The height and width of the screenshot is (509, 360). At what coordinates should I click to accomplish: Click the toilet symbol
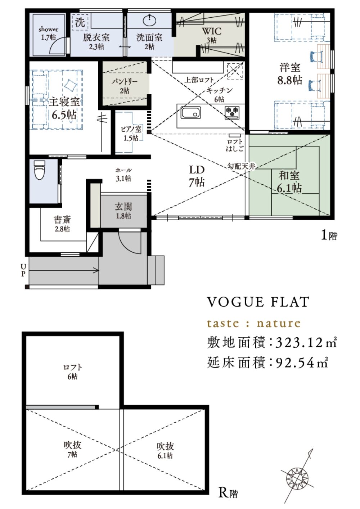[x=39, y=170]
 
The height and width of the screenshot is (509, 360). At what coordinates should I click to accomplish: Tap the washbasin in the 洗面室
[x=149, y=21]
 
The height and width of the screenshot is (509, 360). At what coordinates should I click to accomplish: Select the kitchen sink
[x=191, y=112]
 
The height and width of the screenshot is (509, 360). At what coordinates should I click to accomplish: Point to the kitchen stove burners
[x=232, y=112]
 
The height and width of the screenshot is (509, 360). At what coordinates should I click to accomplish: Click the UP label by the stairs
[x=23, y=270]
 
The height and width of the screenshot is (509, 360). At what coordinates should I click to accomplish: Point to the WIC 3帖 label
[x=211, y=35]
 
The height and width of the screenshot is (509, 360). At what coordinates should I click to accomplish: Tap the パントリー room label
[x=125, y=86]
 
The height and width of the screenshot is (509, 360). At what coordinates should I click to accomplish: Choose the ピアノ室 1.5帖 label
[x=131, y=134]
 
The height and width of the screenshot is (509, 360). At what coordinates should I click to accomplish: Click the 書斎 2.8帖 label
[x=62, y=224]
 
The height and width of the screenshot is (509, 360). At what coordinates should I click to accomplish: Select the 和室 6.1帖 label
[x=289, y=182]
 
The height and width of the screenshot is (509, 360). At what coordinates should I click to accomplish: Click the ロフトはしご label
[x=235, y=145]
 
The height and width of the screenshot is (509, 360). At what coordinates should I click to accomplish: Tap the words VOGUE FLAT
[x=258, y=302]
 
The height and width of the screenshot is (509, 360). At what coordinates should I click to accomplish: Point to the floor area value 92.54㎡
[x=302, y=363]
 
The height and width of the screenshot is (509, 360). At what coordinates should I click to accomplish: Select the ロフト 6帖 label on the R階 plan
[x=72, y=372]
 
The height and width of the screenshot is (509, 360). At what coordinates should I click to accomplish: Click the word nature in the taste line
[x=279, y=323]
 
